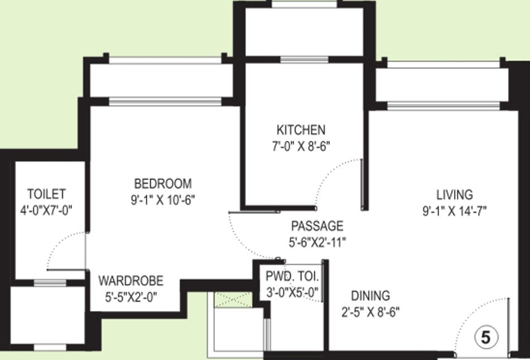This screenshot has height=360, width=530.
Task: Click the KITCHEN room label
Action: click(301, 130)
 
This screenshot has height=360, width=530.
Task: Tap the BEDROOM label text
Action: click(163, 184)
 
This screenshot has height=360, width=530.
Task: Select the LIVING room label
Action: click(454, 195)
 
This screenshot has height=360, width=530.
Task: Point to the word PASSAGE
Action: click(317, 226)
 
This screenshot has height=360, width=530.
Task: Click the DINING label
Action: click(370, 296)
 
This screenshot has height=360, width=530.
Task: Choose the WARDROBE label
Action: click(131, 281)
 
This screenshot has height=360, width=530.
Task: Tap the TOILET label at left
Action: click(46, 194)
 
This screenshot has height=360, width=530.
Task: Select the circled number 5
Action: click(485, 337)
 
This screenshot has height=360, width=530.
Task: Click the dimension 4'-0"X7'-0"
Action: click(47, 210)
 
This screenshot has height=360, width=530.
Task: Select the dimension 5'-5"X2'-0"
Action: click(131, 297)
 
